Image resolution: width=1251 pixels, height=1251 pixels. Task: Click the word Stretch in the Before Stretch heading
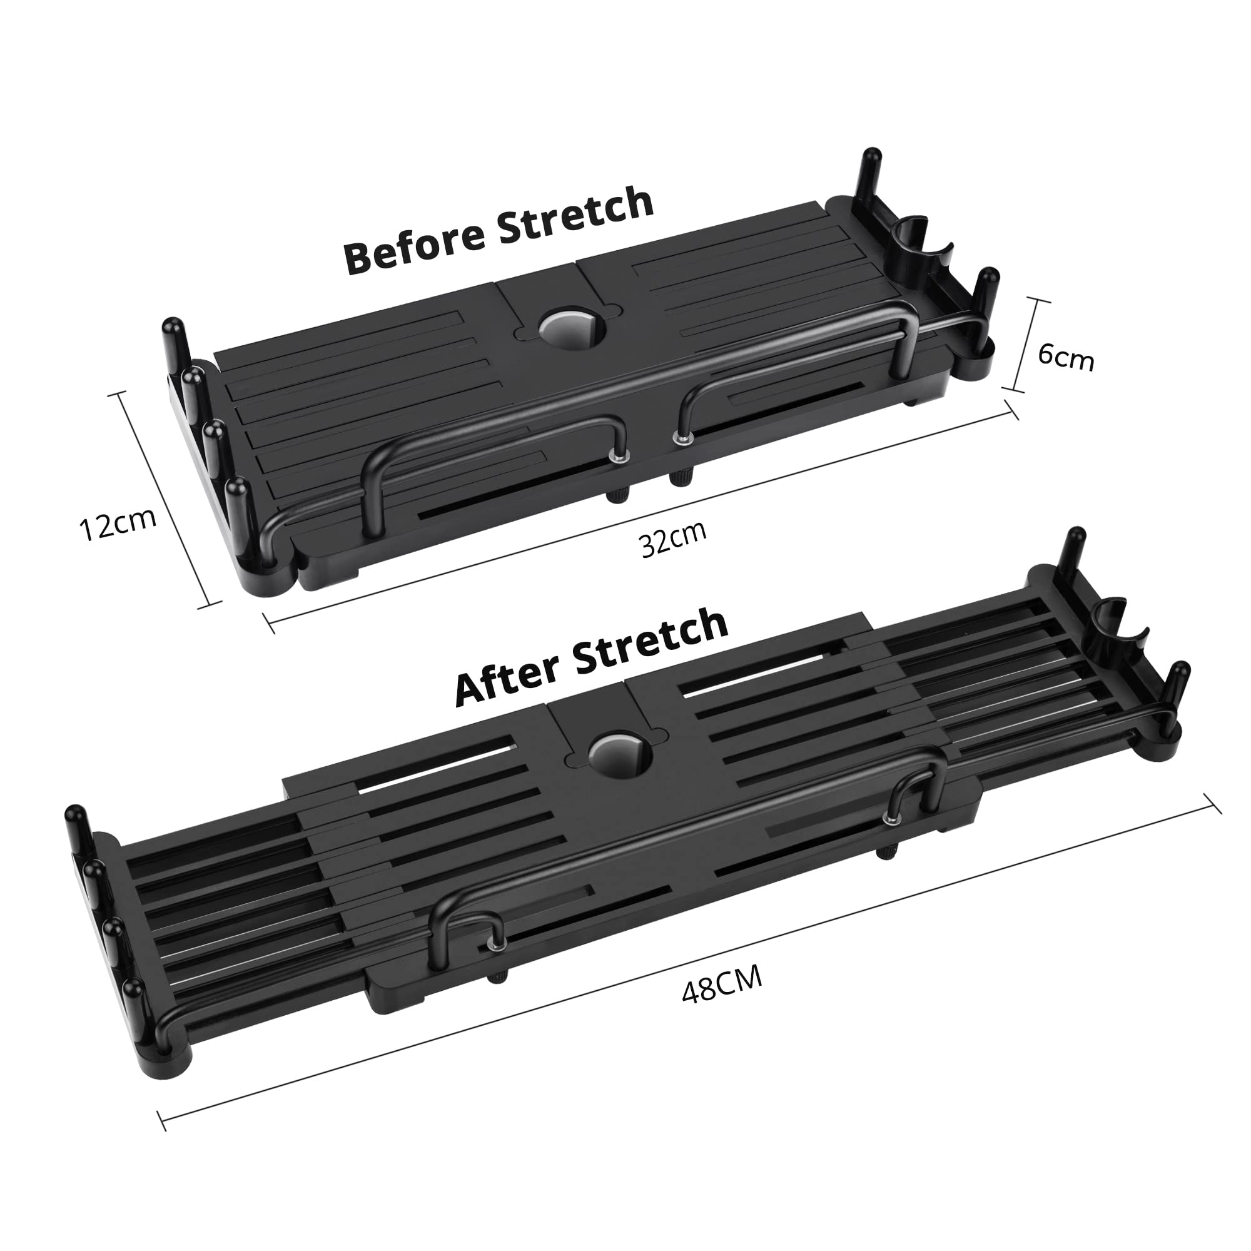tap(575, 215)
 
